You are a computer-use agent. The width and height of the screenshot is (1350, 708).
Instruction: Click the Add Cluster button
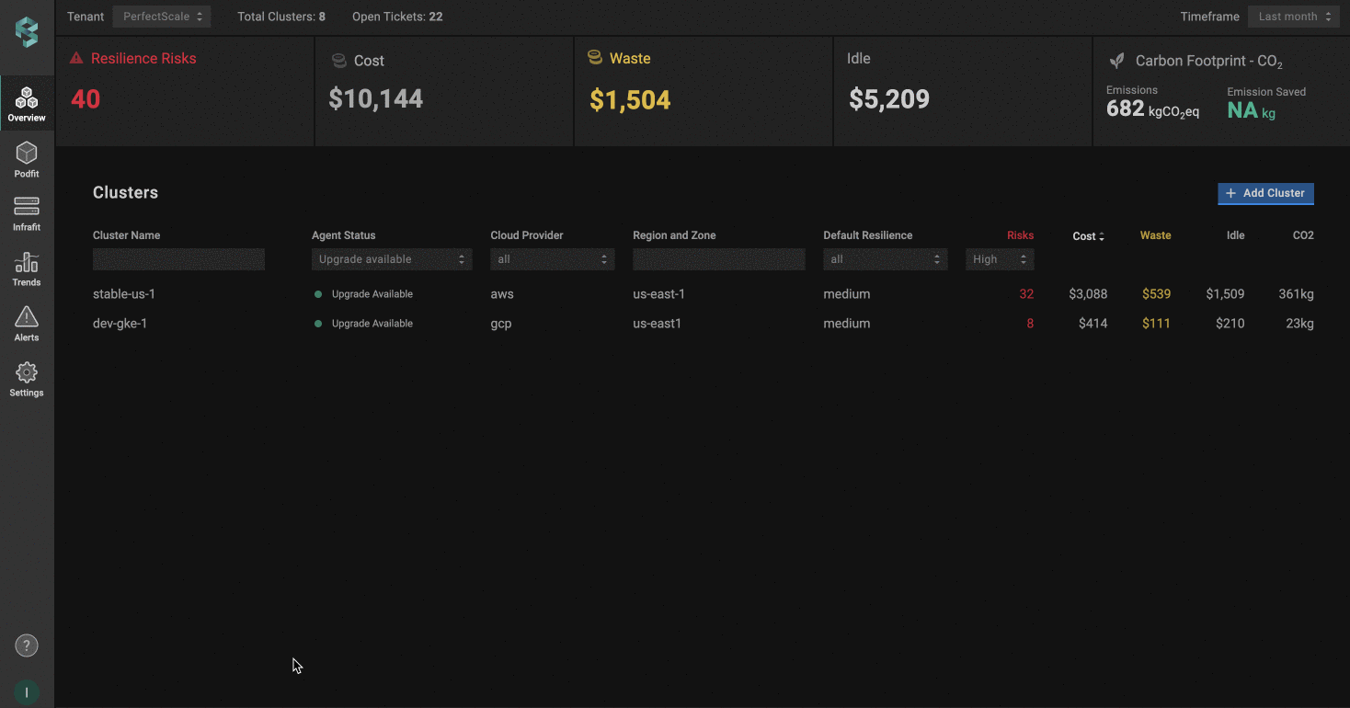point(1265,193)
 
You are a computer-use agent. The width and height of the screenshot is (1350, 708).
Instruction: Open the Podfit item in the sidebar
point(27,159)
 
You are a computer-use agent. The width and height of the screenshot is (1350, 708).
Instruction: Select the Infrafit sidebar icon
point(27,212)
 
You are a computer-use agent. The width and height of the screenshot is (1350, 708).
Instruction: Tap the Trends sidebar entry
point(27,268)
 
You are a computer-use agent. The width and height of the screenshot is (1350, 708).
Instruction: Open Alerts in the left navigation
point(27,324)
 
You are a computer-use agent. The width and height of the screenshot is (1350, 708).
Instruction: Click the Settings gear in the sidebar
point(27,379)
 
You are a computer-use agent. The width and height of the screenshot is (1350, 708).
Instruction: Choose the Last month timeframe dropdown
point(1293,17)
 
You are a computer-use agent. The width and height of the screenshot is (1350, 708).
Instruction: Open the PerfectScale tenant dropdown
point(162,17)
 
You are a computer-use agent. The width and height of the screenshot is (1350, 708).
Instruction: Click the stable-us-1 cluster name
point(124,294)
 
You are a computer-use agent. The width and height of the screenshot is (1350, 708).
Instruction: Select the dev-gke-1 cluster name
point(120,324)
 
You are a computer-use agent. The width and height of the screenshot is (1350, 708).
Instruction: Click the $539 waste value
point(1156,294)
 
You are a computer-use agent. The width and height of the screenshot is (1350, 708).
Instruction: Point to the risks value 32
point(1025,294)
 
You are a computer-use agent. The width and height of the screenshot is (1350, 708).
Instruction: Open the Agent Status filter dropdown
point(392,259)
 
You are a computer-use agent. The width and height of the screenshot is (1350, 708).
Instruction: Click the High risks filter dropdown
point(1000,259)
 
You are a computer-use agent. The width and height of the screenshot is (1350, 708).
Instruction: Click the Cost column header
point(1088,236)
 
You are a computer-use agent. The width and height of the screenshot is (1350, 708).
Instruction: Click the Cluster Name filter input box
point(178,259)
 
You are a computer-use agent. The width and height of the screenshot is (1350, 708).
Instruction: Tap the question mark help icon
point(27,645)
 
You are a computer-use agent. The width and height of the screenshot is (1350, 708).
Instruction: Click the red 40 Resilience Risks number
point(86,99)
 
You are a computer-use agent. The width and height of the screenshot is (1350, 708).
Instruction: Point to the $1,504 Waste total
point(630,99)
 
